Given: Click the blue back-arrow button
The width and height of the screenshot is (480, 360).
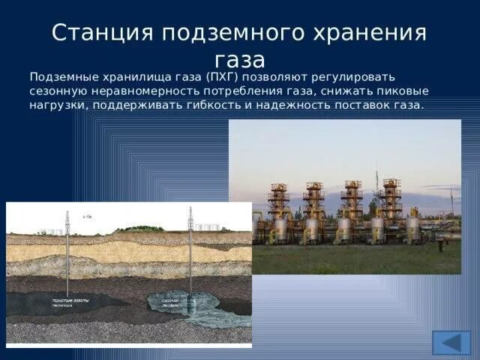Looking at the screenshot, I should pyautogui.click(x=451, y=343).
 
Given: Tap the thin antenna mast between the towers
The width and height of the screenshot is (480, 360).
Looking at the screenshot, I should pyautogui.click(x=376, y=187).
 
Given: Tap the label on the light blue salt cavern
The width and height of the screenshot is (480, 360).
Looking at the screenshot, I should pyautogui.click(x=172, y=302).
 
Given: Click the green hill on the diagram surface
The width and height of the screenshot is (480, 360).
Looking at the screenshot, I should pyautogui.click(x=139, y=229).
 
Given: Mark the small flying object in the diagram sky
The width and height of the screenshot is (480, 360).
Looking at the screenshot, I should pyautogui.click(x=88, y=216).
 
